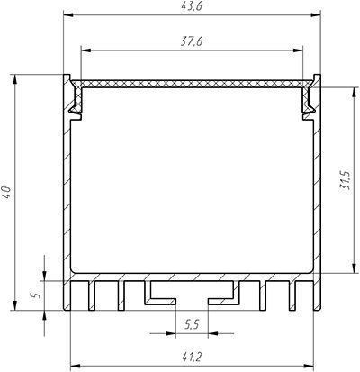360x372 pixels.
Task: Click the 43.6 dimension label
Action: (x=192, y=6)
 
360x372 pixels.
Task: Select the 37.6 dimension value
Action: (x=192, y=41)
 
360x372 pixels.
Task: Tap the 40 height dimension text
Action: (x=6, y=192)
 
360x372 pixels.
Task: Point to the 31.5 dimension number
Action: (x=345, y=181)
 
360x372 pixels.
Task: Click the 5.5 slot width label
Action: (x=192, y=324)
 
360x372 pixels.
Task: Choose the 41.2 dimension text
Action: (x=192, y=358)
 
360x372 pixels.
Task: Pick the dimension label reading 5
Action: (x=37, y=295)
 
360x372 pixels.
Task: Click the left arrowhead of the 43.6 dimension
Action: (x=68, y=14)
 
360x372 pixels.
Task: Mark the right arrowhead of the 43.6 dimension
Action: (x=316, y=14)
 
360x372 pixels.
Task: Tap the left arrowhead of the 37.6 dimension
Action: (x=86, y=50)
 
